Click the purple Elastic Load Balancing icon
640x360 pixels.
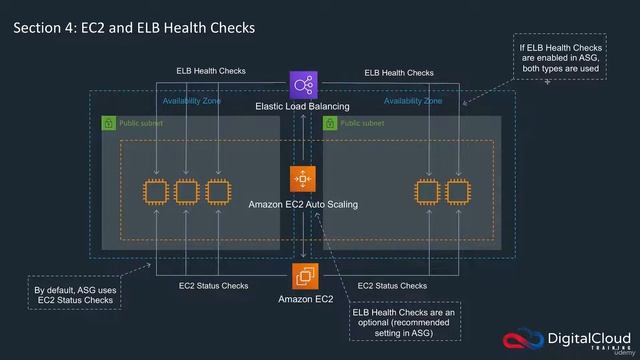click(x=303, y=85)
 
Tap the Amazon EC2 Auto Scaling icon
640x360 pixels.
click(x=303, y=179)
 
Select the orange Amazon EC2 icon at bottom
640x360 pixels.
click(x=305, y=275)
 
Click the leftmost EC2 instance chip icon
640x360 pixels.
click(x=155, y=191)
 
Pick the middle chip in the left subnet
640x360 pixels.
click(x=186, y=191)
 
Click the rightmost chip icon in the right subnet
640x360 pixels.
click(x=458, y=191)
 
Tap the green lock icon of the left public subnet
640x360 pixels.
click(x=108, y=124)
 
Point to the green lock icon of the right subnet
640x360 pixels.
click(x=329, y=124)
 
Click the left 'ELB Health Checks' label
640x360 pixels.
click(x=211, y=72)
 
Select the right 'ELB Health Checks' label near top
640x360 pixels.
click(x=399, y=72)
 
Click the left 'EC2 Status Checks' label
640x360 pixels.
click(x=214, y=286)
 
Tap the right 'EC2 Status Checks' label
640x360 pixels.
click(x=392, y=286)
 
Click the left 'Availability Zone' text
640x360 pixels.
click(x=192, y=101)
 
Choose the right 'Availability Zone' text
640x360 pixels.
click(x=413, y=101)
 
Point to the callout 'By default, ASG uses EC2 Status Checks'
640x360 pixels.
click(x=75, y=295)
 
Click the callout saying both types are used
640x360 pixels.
click(x=560, y=59)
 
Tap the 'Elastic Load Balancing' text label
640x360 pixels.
click(x=303, y=106)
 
